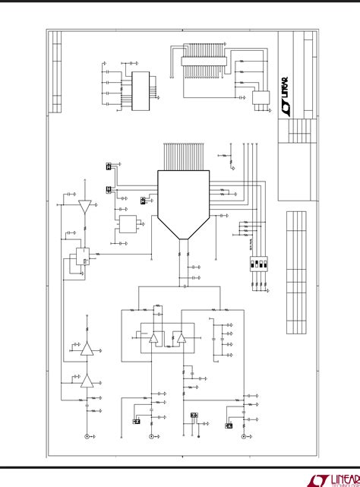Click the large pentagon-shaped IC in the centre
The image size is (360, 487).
point(182,201)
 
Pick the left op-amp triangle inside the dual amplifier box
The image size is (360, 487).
point(155,337)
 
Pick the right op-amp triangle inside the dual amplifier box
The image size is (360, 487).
point(181,337)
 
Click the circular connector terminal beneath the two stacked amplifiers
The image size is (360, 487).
point(86,436)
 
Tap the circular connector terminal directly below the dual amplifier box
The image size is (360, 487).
point(152,436)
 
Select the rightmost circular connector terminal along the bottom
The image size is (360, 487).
point(243,436)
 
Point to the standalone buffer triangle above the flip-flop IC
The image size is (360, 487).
point(84,205)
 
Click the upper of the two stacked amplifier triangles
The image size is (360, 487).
point(87,349)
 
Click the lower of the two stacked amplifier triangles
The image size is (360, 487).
point(87,381)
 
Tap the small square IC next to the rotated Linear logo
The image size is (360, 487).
point(261,100)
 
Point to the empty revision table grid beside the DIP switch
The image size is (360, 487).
point(297,274)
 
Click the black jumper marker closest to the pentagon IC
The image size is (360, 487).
point(143,202)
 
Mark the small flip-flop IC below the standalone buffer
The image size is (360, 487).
point(78,259)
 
